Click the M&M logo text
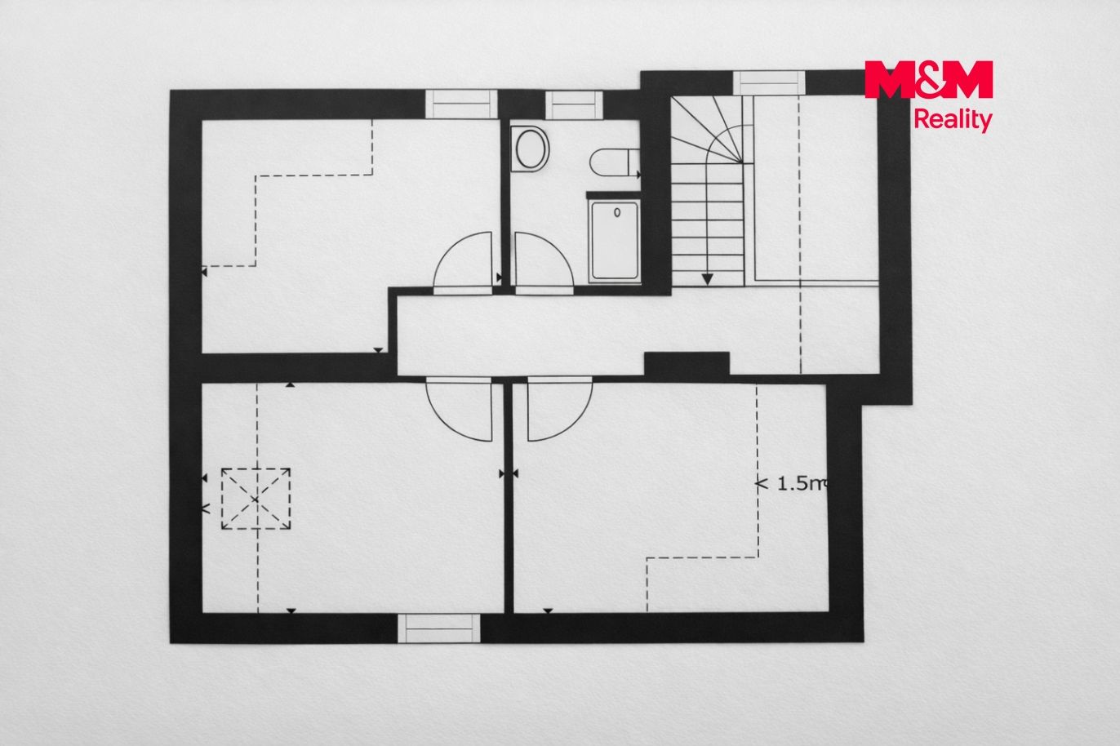pyautogui.click(x=928, y=79)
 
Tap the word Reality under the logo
pyautogui.click(x=953, y=120)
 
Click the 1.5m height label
pyautogui.click(x=792, y=483)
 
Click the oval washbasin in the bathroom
pyautogui.click(x=530, y=149)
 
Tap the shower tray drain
pyautogui.click(x=617, y=212)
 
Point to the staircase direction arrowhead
pyautogui.click(x=707, y=279)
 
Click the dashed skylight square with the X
pyautogui.click(x=256, y=499)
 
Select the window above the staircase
pyautogui.click(x=769, y=83)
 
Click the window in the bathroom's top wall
pyautogui.click(x=574, y=105)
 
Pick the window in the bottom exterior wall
pyautogui.click(x=439, y=628)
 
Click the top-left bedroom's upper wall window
pyautogui.click(x=461, y=104)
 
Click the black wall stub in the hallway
pyautogui.click(x=687, y=363)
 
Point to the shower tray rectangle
pyautogui.click(x=615, y=242)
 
